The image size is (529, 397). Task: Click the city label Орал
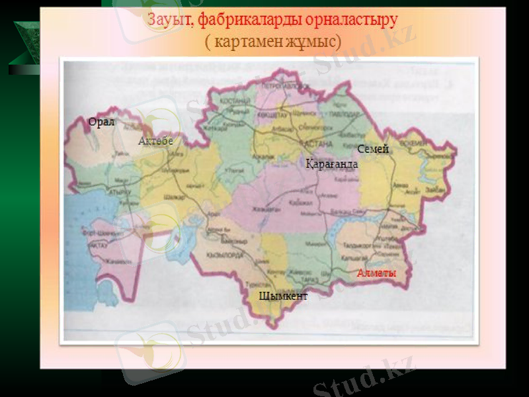102,122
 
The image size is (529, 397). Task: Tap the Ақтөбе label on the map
155,141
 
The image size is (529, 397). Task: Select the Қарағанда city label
331,163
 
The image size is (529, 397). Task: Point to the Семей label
372,150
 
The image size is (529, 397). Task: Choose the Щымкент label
283,296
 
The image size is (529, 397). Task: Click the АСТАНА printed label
319,144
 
